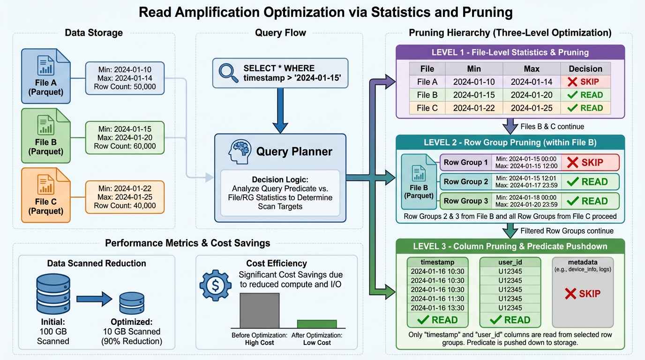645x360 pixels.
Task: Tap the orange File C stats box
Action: tap(125, 197)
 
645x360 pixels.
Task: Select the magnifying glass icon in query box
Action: tap(228, 73)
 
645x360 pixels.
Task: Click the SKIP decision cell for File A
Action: tap(585, 82)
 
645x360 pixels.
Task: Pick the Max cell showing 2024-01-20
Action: tap(532, 95)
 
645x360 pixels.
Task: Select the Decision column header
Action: tap(585, 68)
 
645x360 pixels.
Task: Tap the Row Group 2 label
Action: tap(465, 181)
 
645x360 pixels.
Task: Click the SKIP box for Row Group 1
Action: tap(590, 163)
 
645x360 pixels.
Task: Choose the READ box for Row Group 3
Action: tap(590, 201)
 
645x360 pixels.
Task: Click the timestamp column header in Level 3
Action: tap(437, 262)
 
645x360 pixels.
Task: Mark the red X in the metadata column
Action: tap(570, 294)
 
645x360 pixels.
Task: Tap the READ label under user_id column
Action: tap(510, 320)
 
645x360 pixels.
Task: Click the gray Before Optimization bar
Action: tap(259, 310)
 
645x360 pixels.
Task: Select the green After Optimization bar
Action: tap(317, 324)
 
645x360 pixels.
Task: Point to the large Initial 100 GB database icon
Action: tap(52, 295)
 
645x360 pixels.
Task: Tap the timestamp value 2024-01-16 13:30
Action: tap(437, 308)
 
